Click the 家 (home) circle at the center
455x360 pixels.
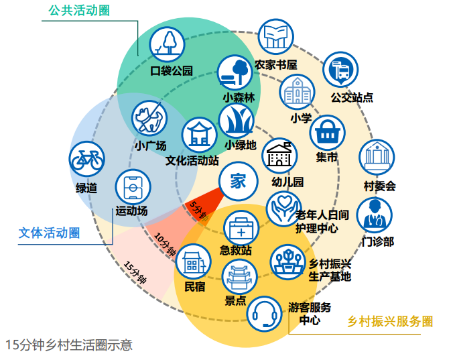coord(239,181)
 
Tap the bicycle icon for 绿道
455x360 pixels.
coord(87,159)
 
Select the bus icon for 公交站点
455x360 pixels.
coord(340,70)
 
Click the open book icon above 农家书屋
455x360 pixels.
coord(276,37)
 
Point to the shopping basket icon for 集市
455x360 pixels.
coord(327,133)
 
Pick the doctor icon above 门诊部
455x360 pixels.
coord(375,215)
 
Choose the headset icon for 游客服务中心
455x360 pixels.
coord(264,314)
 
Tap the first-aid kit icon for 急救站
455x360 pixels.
coord(241,229)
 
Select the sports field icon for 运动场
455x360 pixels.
coord(133,187)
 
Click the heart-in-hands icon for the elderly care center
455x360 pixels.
coord(284,209)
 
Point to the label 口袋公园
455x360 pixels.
coord(172,70)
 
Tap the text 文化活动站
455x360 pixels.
coord(192,160)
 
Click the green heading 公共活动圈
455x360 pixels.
coord(79,11)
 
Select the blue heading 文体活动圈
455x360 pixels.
coord(49,233)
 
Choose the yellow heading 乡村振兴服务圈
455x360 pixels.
coord(390,321)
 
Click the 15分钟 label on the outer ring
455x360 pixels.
coord(135,272)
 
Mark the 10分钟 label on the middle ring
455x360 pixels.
coord(165,244)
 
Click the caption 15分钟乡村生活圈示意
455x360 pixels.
coord(69,345)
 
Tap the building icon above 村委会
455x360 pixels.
coord(377,158)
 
